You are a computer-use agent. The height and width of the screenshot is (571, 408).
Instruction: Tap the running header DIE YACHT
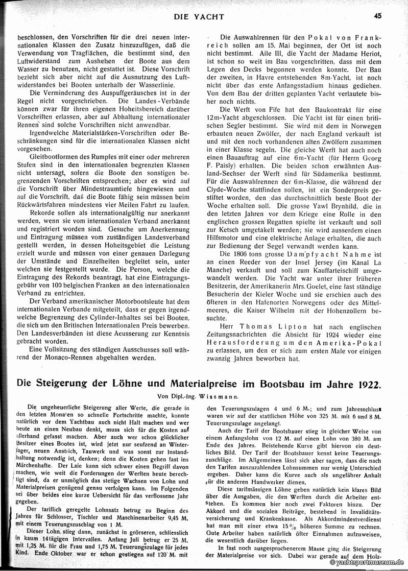point(199,16)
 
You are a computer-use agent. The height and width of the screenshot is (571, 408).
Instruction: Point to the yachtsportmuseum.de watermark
point(368,562)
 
